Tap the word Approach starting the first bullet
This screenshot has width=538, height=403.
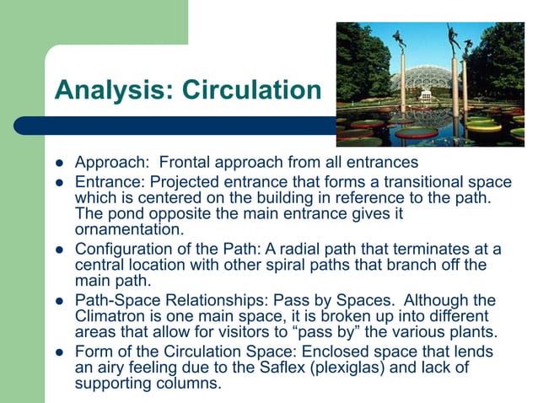point(106,161)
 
